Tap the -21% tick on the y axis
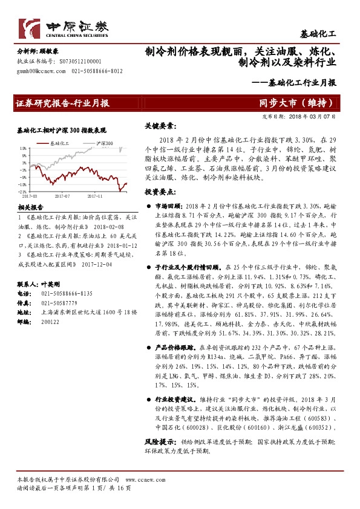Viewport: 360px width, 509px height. click(x=23, y=192)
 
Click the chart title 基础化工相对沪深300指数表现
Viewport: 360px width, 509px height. click(x=62, y=130)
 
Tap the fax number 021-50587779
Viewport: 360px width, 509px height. click(x=59, y=302)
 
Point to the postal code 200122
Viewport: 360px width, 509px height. click(x=50, y=322)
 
